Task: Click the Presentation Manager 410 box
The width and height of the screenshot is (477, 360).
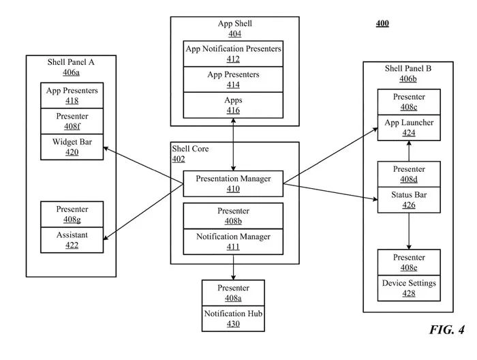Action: coord(233,184)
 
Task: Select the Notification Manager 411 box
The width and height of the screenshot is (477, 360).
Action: coord(233,241)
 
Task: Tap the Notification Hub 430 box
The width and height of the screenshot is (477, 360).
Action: coord(233,318)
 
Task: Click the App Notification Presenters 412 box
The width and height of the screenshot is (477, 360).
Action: coord(234,54)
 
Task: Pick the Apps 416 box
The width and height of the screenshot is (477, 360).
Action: coord(234,104)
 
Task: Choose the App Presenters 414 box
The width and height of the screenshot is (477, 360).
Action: coord(234,79)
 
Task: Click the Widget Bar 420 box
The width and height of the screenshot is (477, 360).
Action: coord(72,147)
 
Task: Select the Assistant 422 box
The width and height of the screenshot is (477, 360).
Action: coord(72,240)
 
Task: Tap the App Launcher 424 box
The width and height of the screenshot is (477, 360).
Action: coord(409,128)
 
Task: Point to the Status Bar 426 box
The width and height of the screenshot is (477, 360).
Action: coord(409,200)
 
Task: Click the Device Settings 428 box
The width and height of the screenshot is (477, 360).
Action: coord(409,288)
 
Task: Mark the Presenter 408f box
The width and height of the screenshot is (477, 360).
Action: coord(72,121)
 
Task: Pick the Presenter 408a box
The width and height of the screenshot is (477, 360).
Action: coord(233,292)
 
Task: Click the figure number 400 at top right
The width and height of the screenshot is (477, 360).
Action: coord(382,24)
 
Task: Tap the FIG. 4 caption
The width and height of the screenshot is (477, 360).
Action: coord(446,330)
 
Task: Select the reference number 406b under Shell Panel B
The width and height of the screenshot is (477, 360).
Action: coord(408,78)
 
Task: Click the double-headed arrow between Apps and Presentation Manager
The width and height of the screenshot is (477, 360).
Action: coord(234,144)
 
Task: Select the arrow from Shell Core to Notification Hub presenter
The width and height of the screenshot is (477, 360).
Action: coord(233,271)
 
